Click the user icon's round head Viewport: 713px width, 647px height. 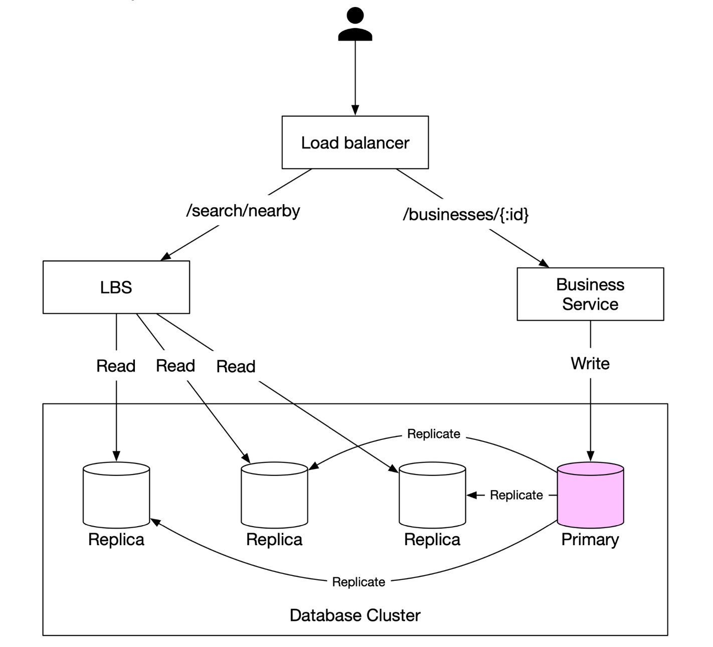click(355, 16)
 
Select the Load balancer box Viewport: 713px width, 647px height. click(355, 142)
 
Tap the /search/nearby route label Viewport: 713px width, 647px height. click(243, 211)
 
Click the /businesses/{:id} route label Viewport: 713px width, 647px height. click(466, 215)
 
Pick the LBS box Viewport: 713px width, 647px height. click(116, 287)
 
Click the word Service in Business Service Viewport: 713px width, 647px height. click(590, 304)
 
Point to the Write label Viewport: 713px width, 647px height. click(590, 364)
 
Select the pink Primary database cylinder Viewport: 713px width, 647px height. click(590, 497)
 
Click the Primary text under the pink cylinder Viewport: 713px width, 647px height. click(590, 540)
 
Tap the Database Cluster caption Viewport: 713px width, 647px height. click(355, 615)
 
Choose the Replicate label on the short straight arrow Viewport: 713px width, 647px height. click(516, 496)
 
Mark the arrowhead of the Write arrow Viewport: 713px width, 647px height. click(590, 456)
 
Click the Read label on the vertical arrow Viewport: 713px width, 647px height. click(116, 366)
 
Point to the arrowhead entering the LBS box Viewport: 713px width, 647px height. click(166, 257)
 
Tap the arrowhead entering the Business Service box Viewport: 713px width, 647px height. click(544, 263)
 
